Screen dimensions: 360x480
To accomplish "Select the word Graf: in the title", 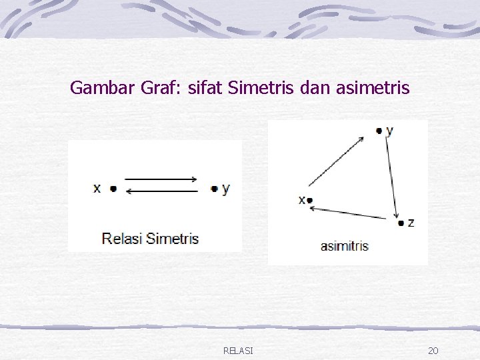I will [x=163, y=87].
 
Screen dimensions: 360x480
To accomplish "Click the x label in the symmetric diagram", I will [x=97, y=189].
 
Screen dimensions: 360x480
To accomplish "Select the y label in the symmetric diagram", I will [x=226, y=189].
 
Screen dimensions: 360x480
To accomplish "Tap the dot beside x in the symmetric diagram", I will [x=113, y=189].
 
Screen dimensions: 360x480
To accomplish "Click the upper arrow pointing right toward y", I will [x=161, y=179].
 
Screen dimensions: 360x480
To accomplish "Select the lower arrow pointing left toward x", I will [x=161, y=191].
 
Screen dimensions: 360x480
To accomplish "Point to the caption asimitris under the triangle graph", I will [x=344, y=246].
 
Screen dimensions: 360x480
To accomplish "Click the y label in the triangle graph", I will [x=389, y=131].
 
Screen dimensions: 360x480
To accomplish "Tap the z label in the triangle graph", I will [x=411, y=223].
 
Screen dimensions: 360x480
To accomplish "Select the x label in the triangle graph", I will [x=302, y=199].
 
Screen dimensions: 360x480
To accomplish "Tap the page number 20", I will [x=433, y=351].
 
